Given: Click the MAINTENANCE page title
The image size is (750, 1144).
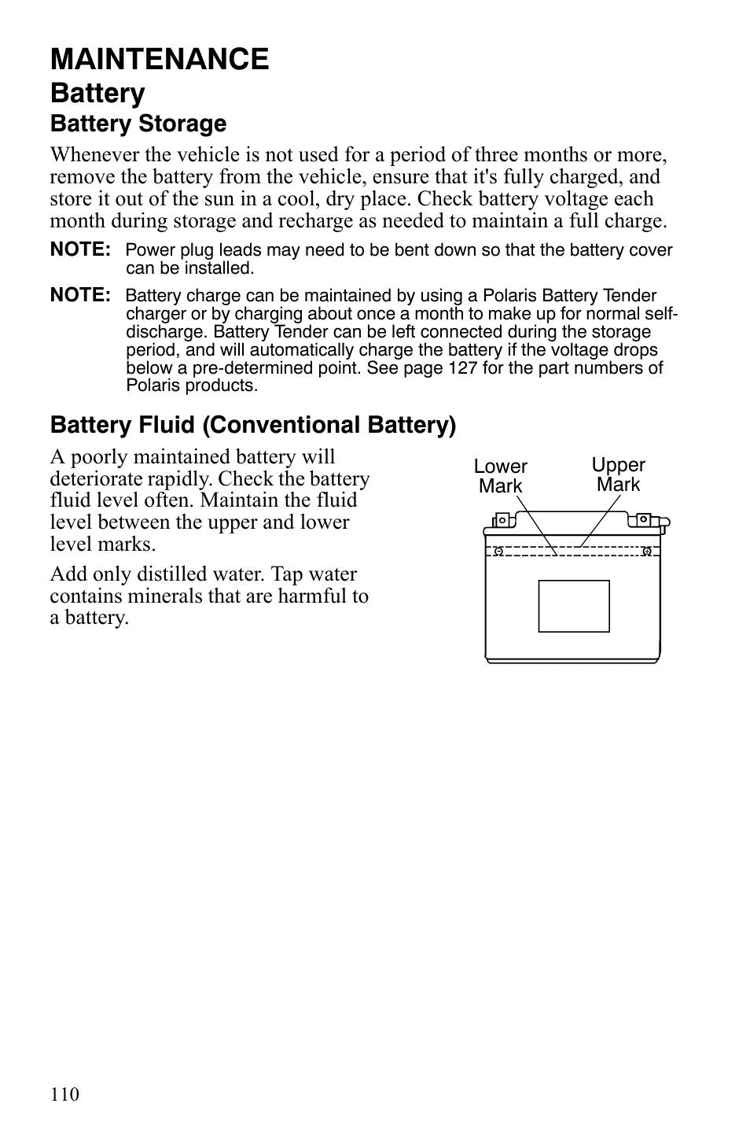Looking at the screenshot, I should [x=160, y=59].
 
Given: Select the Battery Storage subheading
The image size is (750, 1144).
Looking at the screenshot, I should [x=138, y=124].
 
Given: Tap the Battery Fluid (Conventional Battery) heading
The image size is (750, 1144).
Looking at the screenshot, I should [x=253, y=425].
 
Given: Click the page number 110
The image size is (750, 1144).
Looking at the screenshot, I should [x=65, y=1094].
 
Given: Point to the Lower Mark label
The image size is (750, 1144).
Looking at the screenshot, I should [x=500, y=477].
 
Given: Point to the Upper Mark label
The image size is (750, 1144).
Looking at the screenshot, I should [x=618, y=475].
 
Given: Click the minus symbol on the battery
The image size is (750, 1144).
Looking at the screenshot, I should [x=498, y=551].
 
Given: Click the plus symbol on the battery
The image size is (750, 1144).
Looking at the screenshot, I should [x=646, y=551].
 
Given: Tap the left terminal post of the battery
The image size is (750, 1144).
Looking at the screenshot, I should [x=502, y=520].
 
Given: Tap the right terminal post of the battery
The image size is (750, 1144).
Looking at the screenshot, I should [x=643, y=519].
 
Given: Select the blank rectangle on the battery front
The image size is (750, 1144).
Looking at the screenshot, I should [x=574, y=606].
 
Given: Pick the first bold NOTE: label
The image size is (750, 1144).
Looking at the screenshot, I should [x=80, y=250].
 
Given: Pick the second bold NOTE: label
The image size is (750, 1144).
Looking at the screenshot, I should [x=80, y=295].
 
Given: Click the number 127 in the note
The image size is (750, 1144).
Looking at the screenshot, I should [x=463, y=368].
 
